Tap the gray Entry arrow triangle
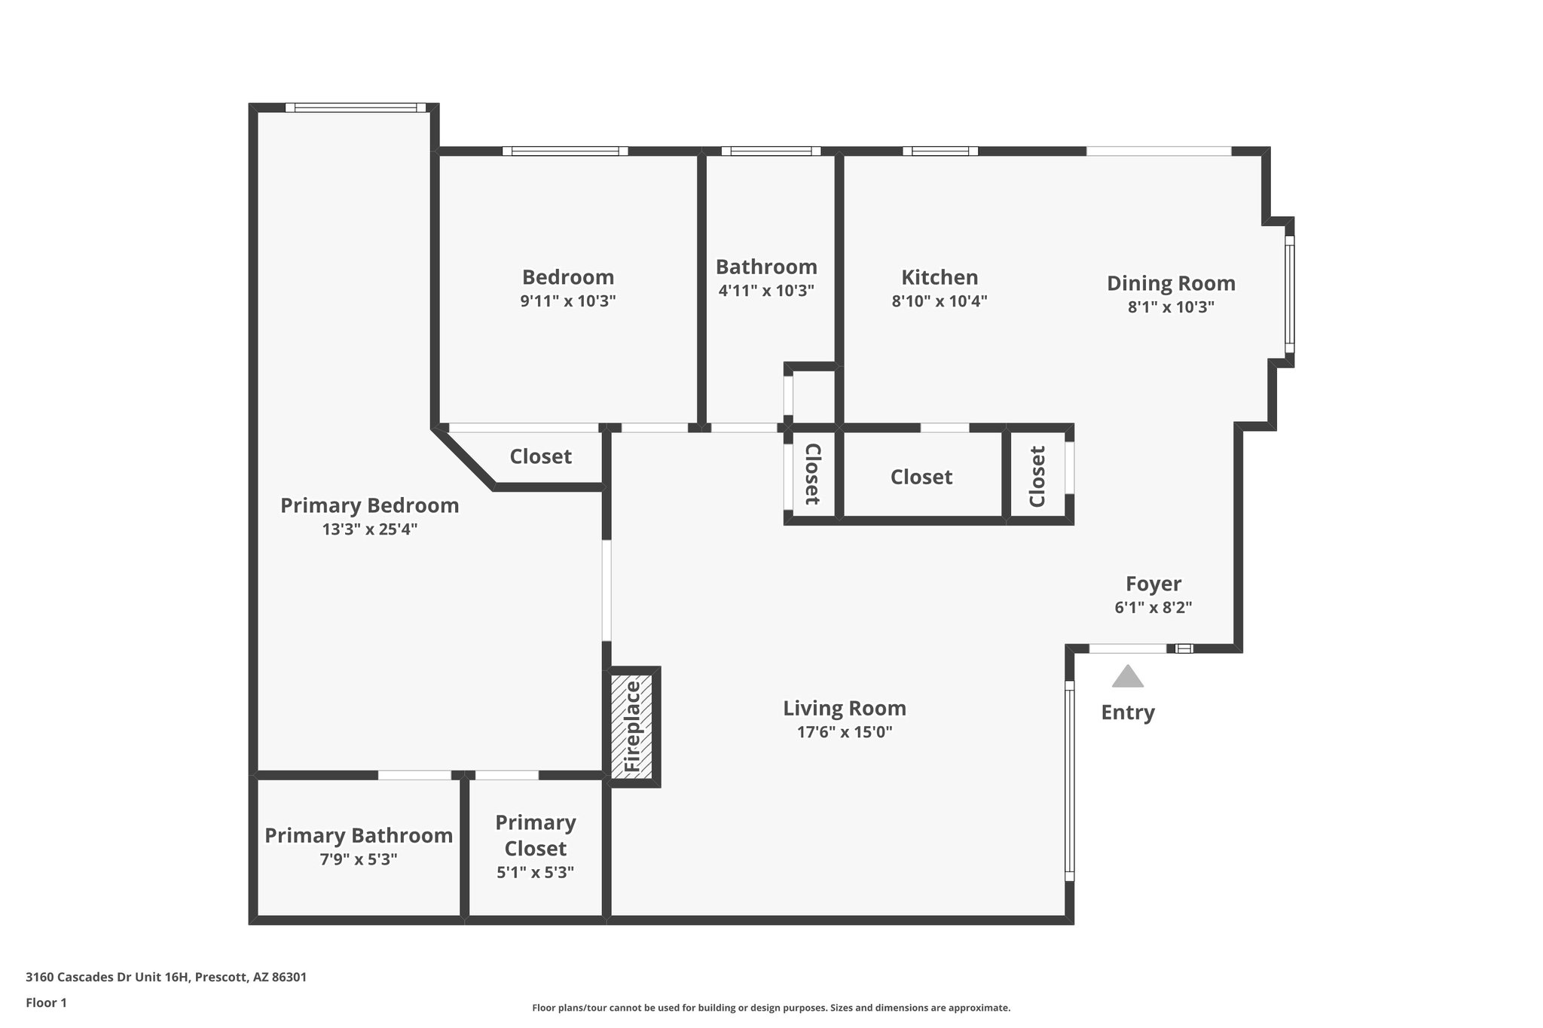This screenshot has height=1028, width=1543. click(1127, 676)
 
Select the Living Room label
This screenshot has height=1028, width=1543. click(844, 708)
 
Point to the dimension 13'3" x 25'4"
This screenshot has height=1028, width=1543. click(369, 529)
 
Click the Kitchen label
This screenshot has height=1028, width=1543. click(940, 277)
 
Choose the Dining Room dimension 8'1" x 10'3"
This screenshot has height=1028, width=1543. click(1170, 307)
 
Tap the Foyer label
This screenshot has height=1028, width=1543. click(1153, 584)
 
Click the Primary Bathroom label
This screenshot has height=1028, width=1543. click(359, 835)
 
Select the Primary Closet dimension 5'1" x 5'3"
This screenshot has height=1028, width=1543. click(535, 872)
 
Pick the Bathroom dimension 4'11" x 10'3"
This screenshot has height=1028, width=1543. click(765, 290)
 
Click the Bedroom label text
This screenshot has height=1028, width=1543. click(568, 277)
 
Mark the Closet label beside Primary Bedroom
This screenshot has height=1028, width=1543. click(540, 456)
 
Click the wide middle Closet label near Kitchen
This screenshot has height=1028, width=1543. click(921, 477)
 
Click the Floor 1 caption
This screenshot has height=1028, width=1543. click(46, 1002)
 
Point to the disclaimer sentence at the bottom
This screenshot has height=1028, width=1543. click(771, 1008)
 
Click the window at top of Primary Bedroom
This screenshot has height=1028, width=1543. click(356, 108)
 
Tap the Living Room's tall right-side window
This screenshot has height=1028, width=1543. click(1068, 780)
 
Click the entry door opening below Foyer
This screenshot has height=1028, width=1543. click(1127, 648)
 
